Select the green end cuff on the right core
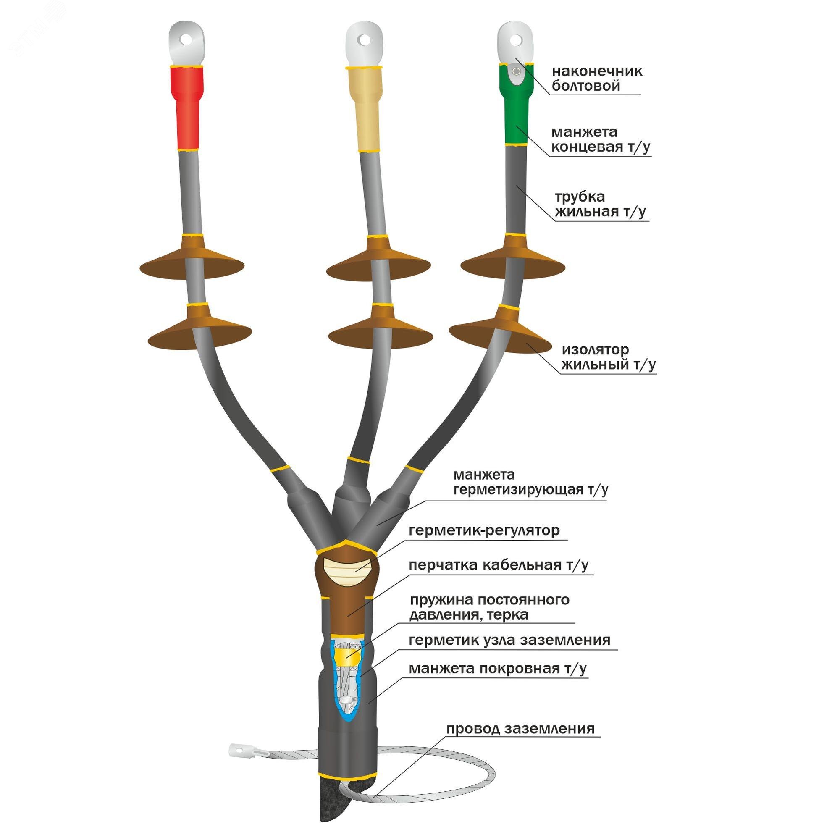[x=517, y=104]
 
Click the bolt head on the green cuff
[x=516, y=71]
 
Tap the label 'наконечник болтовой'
[x=597, y=79]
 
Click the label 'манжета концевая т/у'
[x=601, y=139]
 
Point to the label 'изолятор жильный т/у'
[x=608, y=357]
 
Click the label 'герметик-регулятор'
[x=484, y=530]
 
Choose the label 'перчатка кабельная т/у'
[x=499, y=565]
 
